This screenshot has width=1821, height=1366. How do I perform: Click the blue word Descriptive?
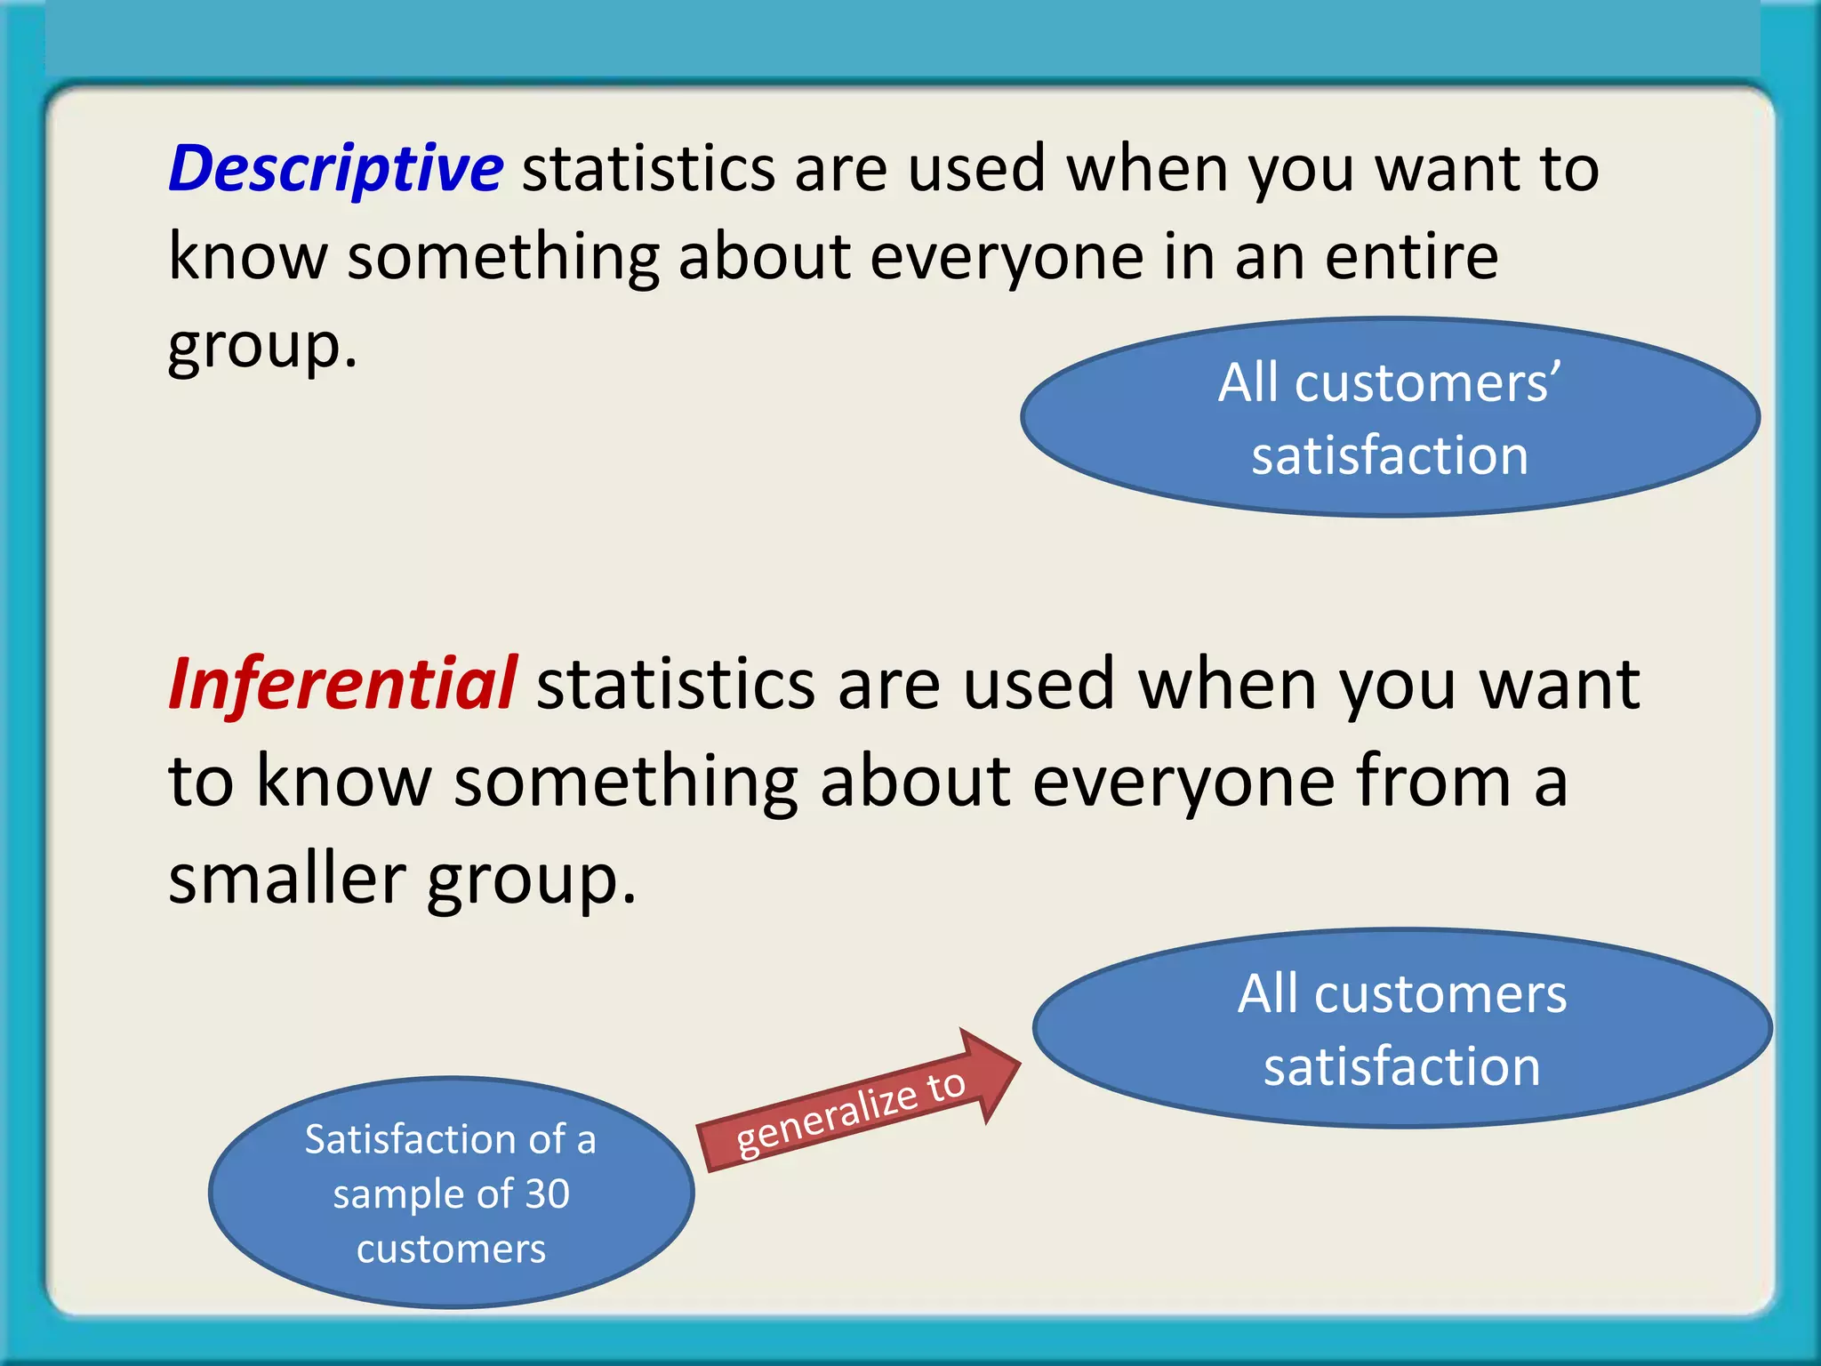point(336,169)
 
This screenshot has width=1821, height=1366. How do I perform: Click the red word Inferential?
point(342,685)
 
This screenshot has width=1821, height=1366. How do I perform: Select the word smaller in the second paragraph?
point(286,879)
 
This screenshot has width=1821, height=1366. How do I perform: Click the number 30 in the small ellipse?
point(546,1193)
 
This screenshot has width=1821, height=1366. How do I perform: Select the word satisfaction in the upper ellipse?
point(1390,455)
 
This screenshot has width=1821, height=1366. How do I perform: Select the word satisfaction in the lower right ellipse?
point(1402,1066)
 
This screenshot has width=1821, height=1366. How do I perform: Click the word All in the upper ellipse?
point(1248,383)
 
